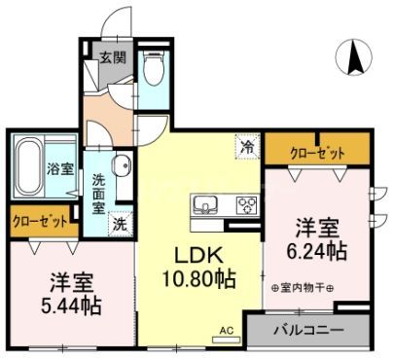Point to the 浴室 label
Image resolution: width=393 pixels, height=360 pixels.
coord(60,168)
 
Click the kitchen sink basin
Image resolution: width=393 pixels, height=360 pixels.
coord(206,205)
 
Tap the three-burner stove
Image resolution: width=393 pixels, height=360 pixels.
coord(244,205)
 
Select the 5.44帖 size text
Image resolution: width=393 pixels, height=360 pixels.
coord(70,305)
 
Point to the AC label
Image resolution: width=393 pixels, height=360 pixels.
coord(226,332)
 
